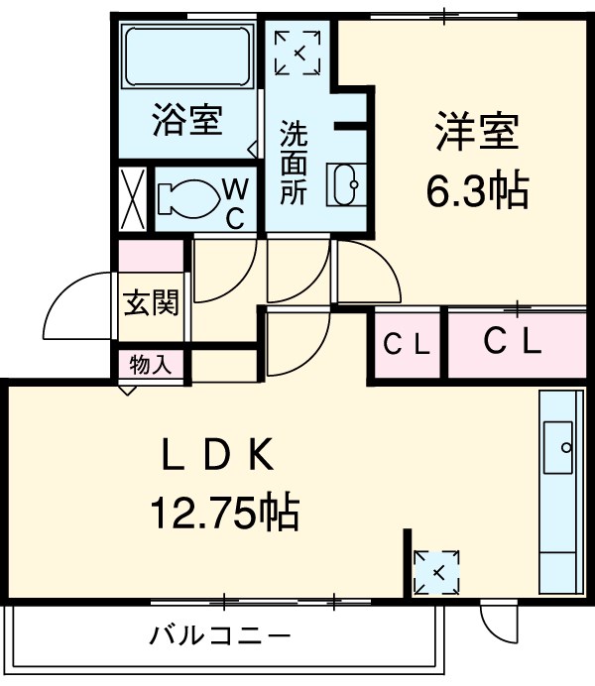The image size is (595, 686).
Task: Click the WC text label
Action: (x=235, y=201)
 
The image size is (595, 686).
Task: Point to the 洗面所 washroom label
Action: (x=294, y=162)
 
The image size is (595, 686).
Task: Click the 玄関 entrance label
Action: (x=151, y=304)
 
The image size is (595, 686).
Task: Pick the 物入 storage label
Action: (x=151, y=364)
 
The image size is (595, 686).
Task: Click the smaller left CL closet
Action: (x=407, y=345)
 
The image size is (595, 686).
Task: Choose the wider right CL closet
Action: (x=513, y=343)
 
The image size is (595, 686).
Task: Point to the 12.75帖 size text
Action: (x=224, y=513)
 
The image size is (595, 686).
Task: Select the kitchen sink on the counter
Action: (x=560, y=446)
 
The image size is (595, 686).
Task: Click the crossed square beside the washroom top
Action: (x=297, y=52)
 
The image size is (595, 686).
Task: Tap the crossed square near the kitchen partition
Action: (x=436, y=573)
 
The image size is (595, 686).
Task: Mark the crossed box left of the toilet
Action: (x=133, y=197)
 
